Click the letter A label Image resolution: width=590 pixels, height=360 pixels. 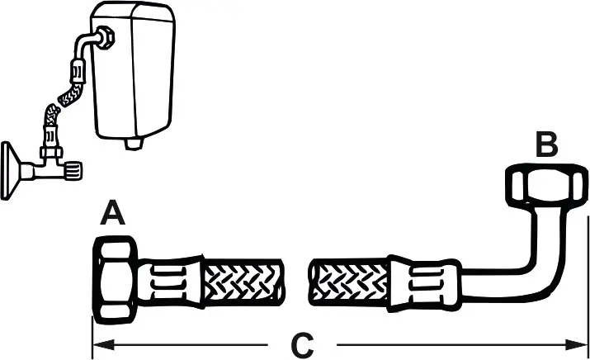tap(112, 213)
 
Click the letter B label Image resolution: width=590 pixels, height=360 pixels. tap(546, 145)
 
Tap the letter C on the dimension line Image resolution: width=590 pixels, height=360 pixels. tap(302, 344)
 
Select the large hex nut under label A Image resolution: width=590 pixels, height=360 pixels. tap(116, 280)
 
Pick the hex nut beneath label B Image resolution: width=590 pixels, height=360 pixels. tap(545, 186)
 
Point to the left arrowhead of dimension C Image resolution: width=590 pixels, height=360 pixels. tap(103, 344)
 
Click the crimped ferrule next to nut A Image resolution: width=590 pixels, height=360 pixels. tap(172, 282)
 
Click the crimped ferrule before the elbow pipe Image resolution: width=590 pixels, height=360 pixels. tap(424, 283)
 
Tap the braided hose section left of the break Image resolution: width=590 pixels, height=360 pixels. tap(243, 282)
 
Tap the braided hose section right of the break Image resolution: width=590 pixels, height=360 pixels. tap(349, 282)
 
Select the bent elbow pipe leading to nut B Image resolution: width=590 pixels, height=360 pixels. tap(526, 263)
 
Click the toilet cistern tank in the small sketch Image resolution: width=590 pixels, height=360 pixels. tap(134, 72)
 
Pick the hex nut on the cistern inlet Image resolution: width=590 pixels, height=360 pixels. tap(106, 38)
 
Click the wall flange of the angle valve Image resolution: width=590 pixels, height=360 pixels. tap(10, 170)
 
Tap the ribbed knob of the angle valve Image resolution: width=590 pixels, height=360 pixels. tap(73, 171)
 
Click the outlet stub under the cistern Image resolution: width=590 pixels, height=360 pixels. tap(134, 144)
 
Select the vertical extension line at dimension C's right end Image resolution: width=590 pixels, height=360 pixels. tap(588, 287)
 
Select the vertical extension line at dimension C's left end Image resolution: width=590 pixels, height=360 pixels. tap(92, 338)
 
